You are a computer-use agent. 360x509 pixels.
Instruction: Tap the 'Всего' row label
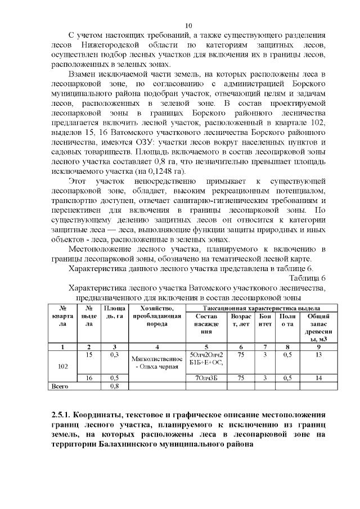point(60,386)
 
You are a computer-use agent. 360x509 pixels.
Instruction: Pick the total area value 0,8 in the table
point(114,386)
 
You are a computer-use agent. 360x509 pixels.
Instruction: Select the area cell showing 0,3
point(114,355)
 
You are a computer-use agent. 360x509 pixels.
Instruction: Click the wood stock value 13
point(318,355)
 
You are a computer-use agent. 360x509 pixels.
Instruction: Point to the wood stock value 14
point(318,378)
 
